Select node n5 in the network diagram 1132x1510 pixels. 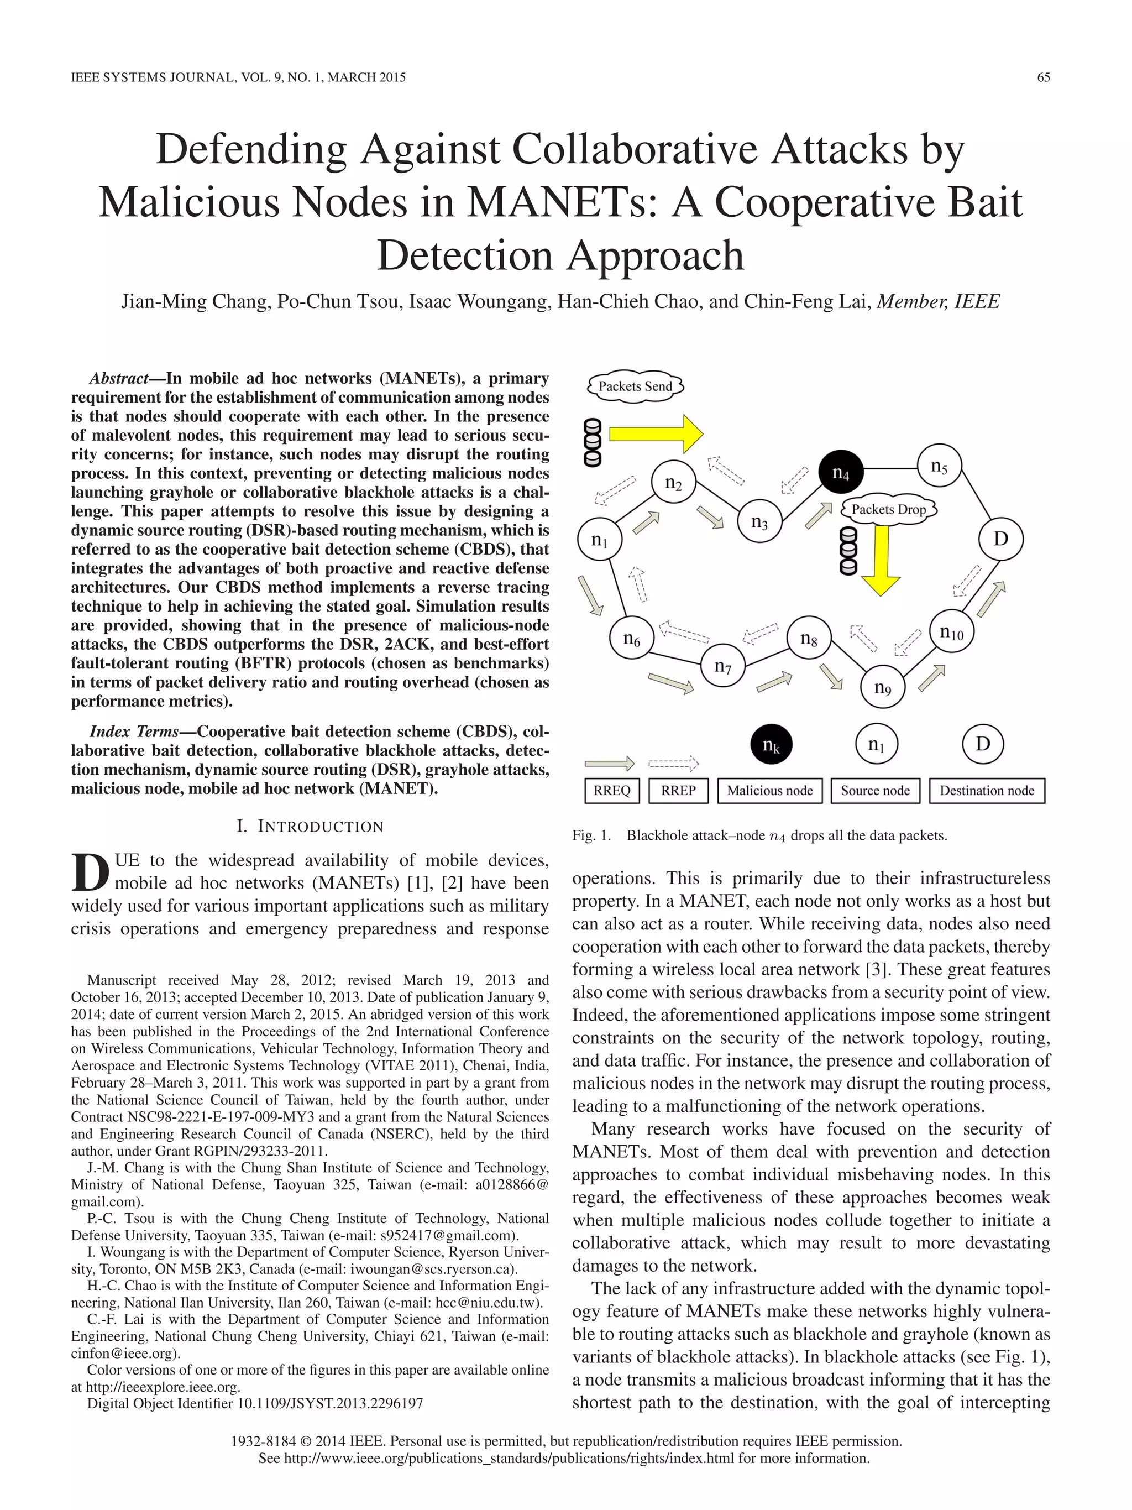939,466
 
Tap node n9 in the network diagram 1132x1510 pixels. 882,687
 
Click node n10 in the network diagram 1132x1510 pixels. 951,631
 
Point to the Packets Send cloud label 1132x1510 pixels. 635,386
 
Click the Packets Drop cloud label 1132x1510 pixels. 888,509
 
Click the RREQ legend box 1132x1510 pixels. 612,791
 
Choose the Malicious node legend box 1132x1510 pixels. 769,791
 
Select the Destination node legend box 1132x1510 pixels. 987,791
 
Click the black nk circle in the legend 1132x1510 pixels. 771,745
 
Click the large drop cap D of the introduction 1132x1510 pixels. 90,872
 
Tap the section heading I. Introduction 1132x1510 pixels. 310,827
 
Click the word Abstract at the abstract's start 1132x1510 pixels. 119,379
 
